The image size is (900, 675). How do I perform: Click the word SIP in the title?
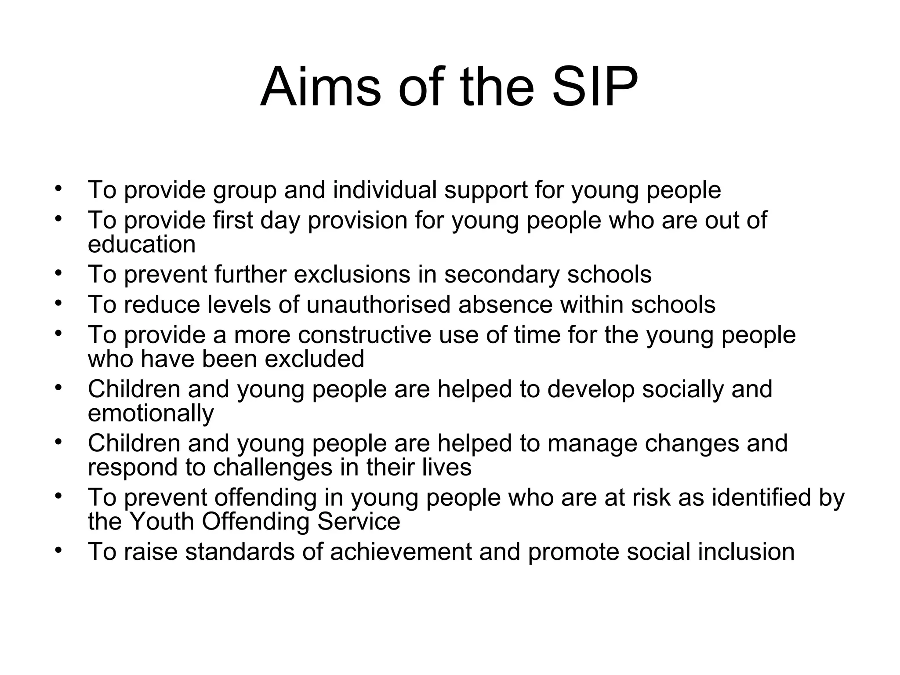(x=594, y=87)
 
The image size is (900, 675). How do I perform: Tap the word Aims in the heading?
(x=320, y=87)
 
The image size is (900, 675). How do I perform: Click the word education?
(x=142, y=244)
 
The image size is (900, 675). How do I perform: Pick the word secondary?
(x=501, y=274)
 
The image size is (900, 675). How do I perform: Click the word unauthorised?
(x=378, y=304)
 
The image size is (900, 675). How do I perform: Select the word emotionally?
(x=151, y=414)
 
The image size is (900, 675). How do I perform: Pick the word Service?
(x=358, y=522)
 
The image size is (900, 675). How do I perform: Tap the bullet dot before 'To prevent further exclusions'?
(x=58, y=272)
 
